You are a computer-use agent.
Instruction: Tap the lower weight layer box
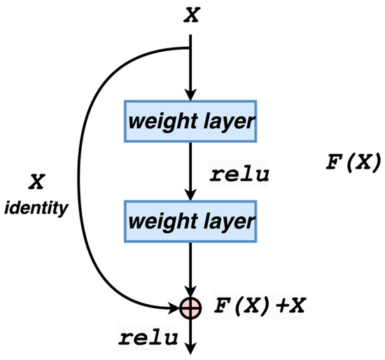191,223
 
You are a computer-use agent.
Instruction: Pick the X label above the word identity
37,181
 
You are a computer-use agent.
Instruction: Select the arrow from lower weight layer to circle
191,270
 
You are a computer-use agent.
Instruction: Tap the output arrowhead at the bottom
191,347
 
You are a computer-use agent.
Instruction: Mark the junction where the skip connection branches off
191,49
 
